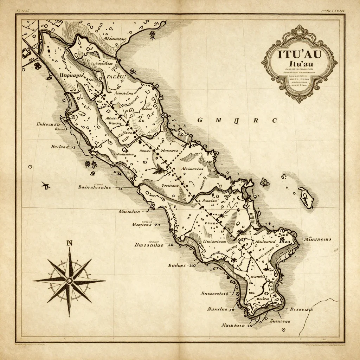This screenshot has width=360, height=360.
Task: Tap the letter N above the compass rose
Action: coord(69,243)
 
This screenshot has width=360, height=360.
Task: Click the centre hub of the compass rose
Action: coord(69,280)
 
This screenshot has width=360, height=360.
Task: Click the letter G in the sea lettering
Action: coord(200,120)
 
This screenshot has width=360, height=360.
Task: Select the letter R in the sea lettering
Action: coord(256,120)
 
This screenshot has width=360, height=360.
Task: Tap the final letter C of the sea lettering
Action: coord(275,120)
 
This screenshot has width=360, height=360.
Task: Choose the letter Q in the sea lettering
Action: coord(236,120)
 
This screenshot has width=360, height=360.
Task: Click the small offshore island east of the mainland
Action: coord(306,198)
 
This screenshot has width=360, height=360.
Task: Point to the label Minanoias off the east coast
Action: coord(317,239)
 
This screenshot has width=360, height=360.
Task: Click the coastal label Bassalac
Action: coord(149,246)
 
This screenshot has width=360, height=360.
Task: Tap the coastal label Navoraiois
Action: coord(214,293)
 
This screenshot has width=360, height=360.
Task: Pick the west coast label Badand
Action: coord(60,147)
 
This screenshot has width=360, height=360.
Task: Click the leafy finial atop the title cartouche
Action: coord(299,29)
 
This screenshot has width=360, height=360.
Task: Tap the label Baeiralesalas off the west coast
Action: coord(94,187)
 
